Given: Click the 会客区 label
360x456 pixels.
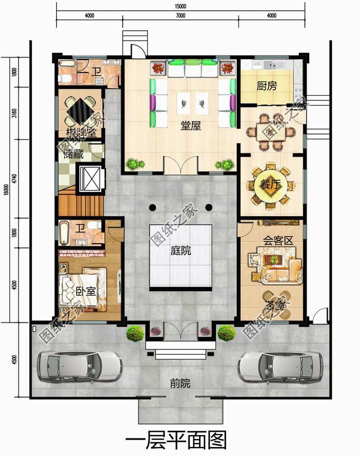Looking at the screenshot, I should click(278, 240).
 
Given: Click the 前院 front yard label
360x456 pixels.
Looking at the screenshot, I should click(180, 383).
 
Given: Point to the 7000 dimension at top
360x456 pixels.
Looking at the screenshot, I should click(181, 15).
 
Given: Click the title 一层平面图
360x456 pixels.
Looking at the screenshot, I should click(180, 439).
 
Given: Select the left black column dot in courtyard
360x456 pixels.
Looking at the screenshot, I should click(152, 207).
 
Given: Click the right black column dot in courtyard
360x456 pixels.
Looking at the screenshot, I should click(209, 207).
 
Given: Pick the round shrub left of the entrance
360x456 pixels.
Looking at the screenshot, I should click(135, 333).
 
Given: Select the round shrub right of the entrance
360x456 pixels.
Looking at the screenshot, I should click(226, 333).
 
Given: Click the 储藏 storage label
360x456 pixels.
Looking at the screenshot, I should click(73, 154).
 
